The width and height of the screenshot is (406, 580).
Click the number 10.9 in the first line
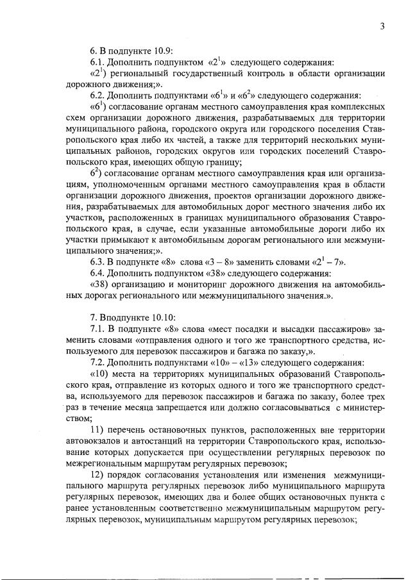click(x=158, y=51)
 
